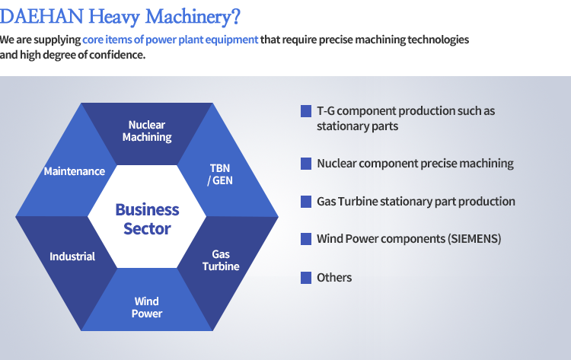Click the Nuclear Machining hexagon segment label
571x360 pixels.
(147, 131)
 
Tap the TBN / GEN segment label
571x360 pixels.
(220, 174)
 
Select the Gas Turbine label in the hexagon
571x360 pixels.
(221, 260)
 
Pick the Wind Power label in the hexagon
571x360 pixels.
(147, 307)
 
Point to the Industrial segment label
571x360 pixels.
(72, 256)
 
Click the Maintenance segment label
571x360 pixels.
(75, 171)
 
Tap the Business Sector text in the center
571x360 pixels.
(147, 219)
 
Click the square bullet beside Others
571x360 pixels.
(306, 278)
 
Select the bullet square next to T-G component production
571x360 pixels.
(306, 111)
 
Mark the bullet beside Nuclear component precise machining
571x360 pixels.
(306, 164)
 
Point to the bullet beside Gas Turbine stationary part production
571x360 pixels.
(306, 201)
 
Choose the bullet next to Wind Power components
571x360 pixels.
(306, 239)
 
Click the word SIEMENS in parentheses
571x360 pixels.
(474, 239)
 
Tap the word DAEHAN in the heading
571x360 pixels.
(42, 17)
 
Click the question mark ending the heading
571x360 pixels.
(235, 17)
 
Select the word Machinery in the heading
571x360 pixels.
(188, 17)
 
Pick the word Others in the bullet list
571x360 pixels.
(334, 278)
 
